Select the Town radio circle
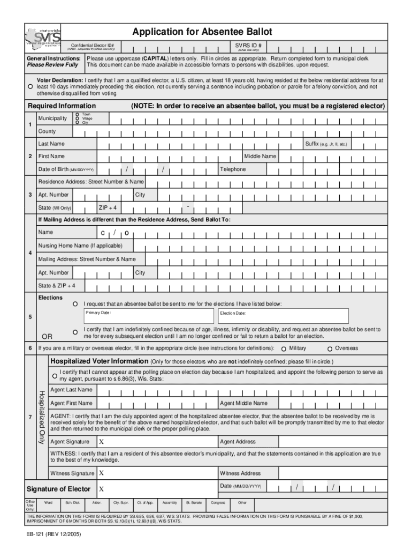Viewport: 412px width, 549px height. click(x=78, y=114)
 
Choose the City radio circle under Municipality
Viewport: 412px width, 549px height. click(x=78, y=123)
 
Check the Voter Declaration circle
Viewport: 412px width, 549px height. click(x=31, y=86)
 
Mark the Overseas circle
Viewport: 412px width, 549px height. click(x=330, y=348)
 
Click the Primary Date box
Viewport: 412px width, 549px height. click(x=149, y=316)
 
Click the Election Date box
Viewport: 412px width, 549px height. click(x=283, y=316)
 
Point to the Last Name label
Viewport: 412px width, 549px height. click(x=51, y=144)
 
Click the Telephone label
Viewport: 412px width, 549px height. click(x=233, y=169)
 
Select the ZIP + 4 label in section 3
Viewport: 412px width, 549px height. click(x=108, y=207)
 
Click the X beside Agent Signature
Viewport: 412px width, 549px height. click(x=101, y=442)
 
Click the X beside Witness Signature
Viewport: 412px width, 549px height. click(x=101, y=473)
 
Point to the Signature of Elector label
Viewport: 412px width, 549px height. click(x=58, y=489)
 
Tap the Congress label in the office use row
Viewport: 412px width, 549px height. click(x=218, y=503)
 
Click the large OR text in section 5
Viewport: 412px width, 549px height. click(x=47, y=337)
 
